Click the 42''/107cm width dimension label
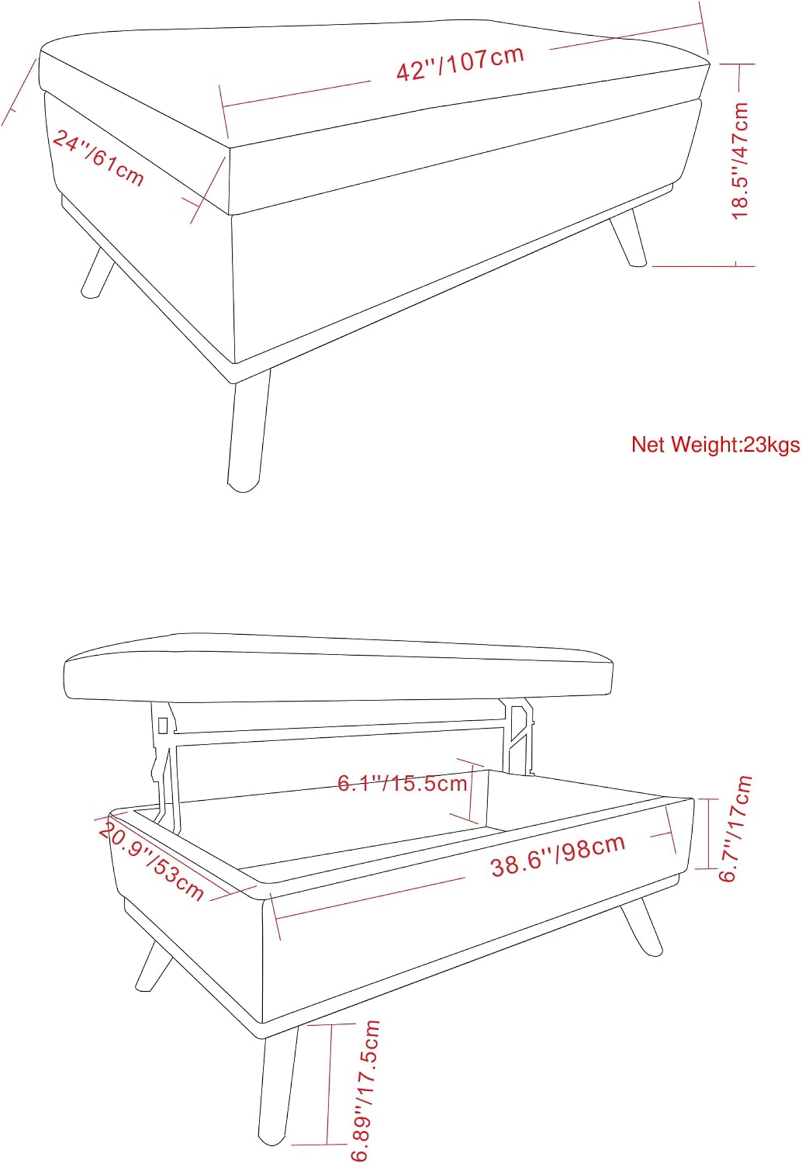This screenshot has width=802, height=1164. (460, 64)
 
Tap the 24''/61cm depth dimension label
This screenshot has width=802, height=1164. (98, 158)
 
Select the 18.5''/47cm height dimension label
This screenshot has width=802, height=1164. (740, 161)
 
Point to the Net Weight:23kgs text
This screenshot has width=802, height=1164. (715, 445)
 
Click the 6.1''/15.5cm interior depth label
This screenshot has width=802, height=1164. (403, 782)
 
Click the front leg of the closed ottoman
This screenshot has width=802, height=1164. (248, 428)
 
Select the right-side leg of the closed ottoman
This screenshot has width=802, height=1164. (628, 238)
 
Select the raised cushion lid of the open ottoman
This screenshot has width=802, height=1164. (337, 667)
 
